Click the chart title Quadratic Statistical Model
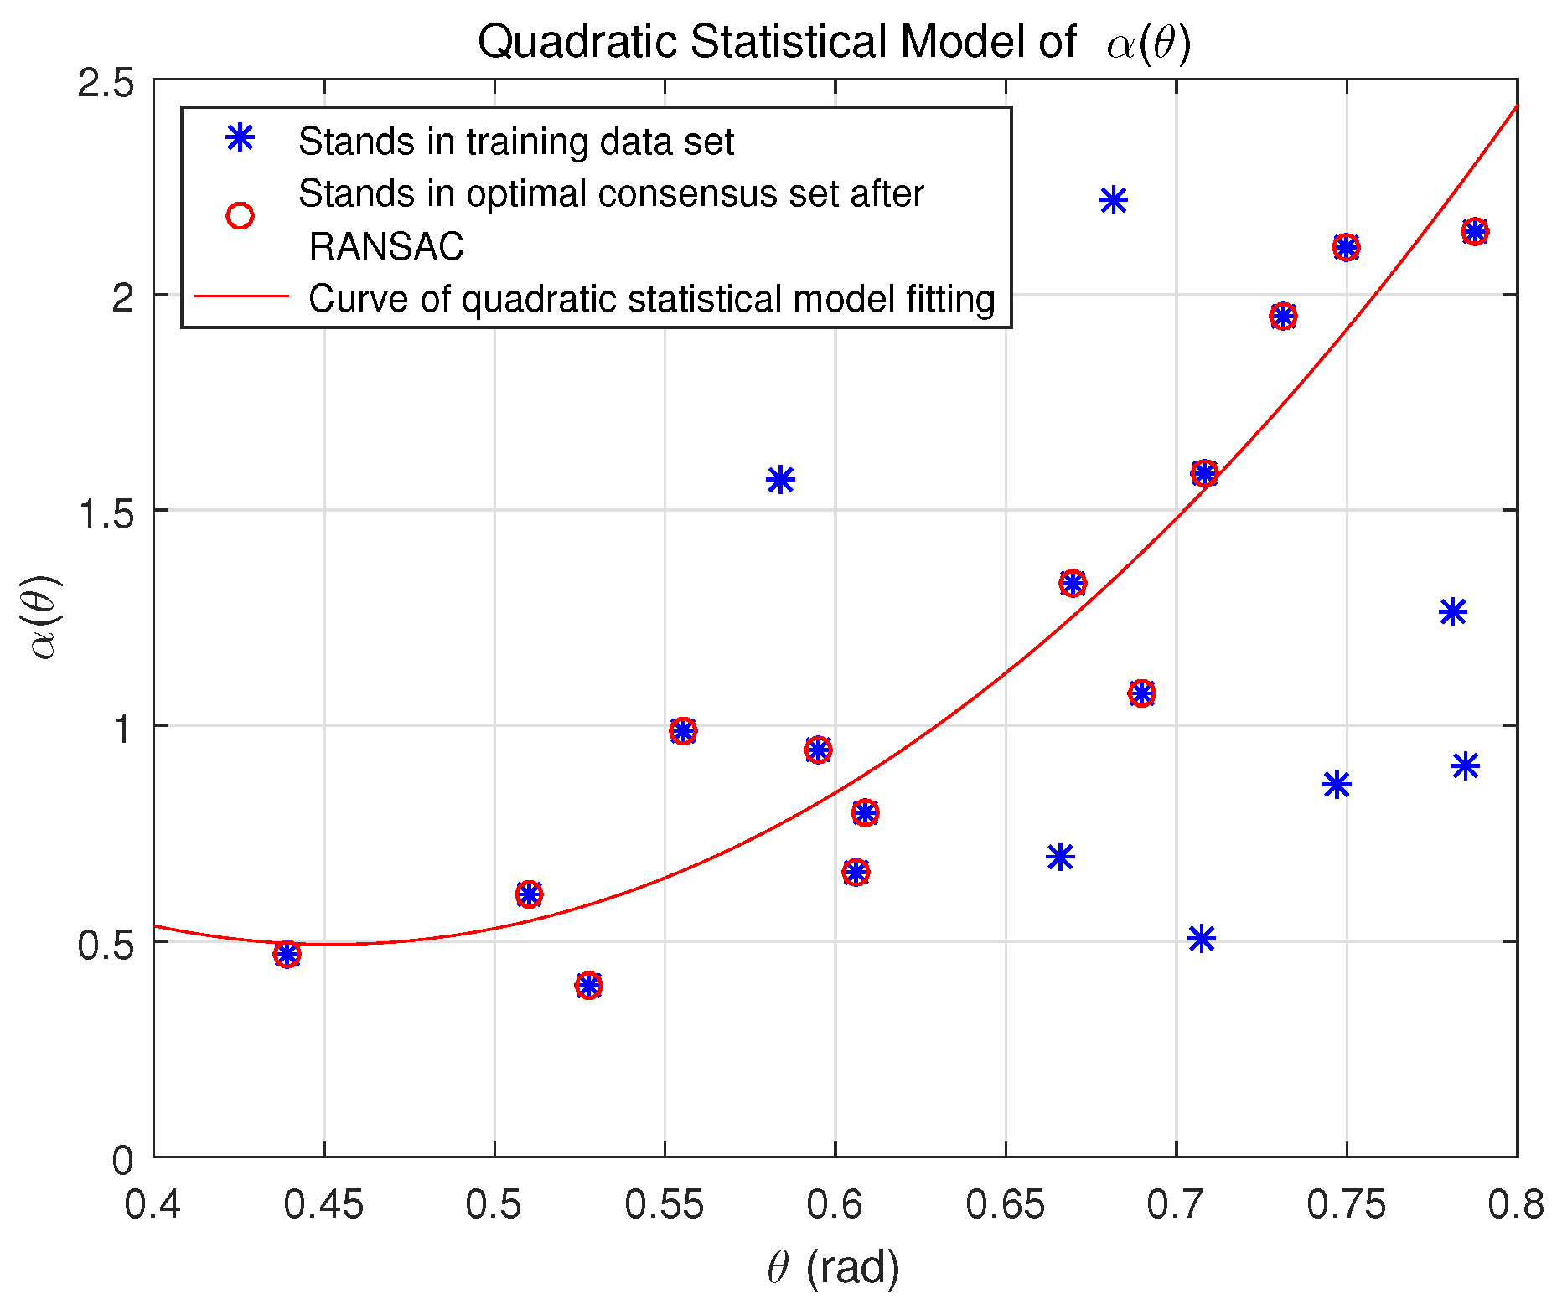tap(833, 42)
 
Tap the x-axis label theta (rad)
tap(833, 1267)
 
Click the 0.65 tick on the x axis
tap(1006, 1205)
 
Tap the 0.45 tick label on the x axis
tap(323, 1205)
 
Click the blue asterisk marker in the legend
tap(240, 137)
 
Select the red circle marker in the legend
tap(240, 216)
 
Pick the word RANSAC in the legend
tap(386, 246)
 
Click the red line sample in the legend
tap(241, 296)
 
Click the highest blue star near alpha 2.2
tap(1113, 200)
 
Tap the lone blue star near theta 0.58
tap(780, 480)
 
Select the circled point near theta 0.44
tap(287, 955)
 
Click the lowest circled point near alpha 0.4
tap(589, 985)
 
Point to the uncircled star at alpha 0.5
tap(1202, 939)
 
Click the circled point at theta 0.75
tap(1346, 247)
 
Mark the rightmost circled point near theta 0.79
tap(1475, 231)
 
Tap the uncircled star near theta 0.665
tap(1060, 857)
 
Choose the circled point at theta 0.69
tap(1141, 693)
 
